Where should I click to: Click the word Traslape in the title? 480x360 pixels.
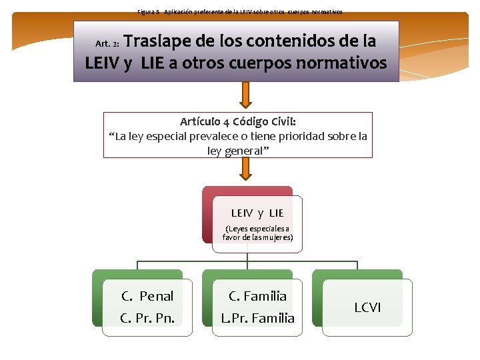pos(158,41)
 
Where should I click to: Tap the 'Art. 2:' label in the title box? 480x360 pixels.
pos(107,44)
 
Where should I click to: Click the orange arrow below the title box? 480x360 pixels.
pos(245,96)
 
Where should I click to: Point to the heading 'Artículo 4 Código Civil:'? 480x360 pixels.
pos(238,122)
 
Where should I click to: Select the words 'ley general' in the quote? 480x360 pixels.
pos(235,151)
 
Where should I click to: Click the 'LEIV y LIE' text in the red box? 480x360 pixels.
pos(257,213)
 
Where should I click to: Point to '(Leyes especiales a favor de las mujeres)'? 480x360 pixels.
pos(257,233)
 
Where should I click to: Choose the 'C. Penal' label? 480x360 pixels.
pos(147,296)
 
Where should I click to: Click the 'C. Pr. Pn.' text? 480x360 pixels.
pos(147,318)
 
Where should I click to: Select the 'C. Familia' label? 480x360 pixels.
pos(257,296)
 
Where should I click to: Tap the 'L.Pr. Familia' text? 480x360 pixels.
pos(257,318)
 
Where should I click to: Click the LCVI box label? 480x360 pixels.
pos(367,307)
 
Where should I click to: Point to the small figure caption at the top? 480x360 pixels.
pos(240,12)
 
